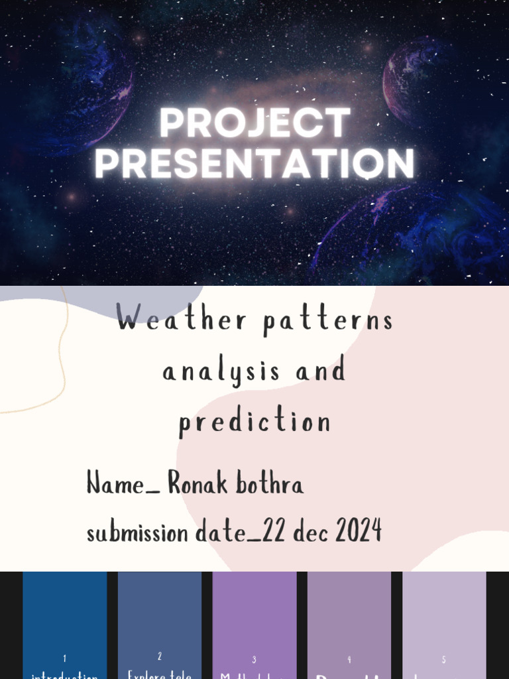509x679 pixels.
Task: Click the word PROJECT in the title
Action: [254, 123]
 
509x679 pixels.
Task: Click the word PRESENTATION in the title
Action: [254, 164]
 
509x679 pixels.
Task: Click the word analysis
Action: [221, 371]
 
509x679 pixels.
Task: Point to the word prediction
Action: [254, 422]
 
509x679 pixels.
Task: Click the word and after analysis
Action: [321, 370]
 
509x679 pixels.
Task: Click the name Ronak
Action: [197, 483]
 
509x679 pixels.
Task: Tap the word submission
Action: [137, 532]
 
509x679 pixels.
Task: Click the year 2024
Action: [358, 531]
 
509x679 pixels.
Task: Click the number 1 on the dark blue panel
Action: [64, 658]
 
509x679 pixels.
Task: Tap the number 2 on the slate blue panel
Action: [160, 656]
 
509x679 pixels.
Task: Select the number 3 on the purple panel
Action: [254, 660]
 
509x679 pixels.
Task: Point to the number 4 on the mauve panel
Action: [349, 660]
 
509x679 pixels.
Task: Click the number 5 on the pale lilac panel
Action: [444, 660]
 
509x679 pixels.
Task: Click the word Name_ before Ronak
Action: [123, 484]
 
